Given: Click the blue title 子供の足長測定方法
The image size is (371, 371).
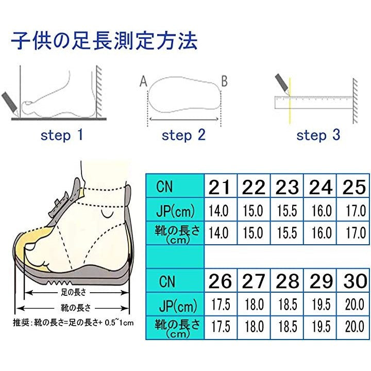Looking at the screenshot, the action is pyautogui.click(x=104, y=41).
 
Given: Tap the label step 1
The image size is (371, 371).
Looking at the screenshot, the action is pyautogui.click(x=62, y=136).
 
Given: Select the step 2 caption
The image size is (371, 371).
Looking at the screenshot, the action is pyautogui.click(x=183, y=136).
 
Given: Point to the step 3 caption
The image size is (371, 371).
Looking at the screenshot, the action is pyautogui.click(x=318, y=136).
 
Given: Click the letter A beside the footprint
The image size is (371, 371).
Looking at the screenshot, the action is pyautogui.click(x=143, y=81).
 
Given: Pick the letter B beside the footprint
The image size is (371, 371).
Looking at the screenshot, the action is pyautogui.click(x=224, y=81).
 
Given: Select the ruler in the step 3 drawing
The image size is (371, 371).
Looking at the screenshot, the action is pyautogui.click(x=314, y=102).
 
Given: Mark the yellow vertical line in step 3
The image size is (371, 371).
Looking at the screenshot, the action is pyautogui.click(x=290, y=101).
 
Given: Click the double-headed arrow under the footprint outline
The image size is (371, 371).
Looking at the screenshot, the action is pyautogui.click(x=184, y=119).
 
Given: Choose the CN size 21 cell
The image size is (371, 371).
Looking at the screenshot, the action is pyautogui.click(x=221, y=186).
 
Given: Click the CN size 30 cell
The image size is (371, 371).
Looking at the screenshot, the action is pyautogui.click(x=353, y=281).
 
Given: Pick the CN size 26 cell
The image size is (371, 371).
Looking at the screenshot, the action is pyautogui.click(x=221, y=281).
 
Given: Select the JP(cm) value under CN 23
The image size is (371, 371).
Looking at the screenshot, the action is pyautogui.click(x=287, y=210).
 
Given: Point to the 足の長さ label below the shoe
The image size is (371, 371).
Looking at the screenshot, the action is pyautogui.click(x=74, y=293).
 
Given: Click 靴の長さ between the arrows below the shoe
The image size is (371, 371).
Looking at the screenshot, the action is pyautogui.click(x=75, y=308).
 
